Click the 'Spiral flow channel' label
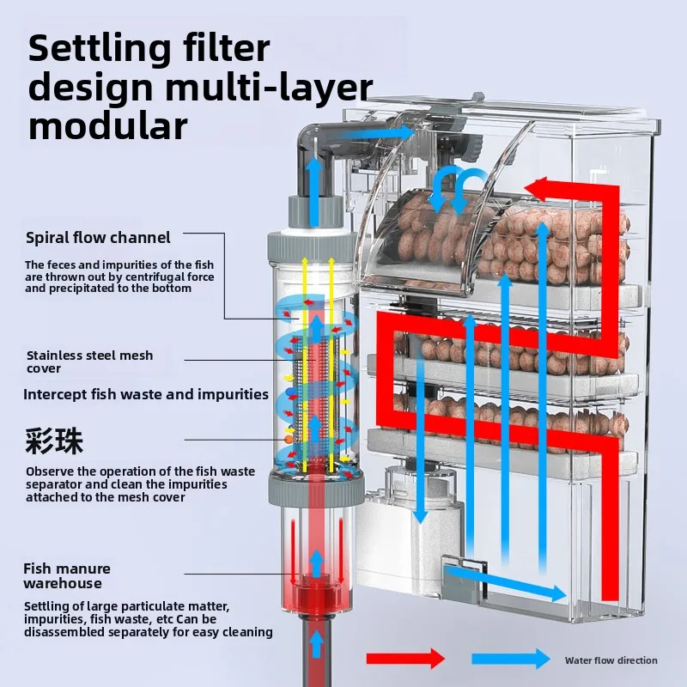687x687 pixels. point(98,238)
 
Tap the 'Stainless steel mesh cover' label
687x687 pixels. point(90,362)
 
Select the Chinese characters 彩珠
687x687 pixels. point(54,441)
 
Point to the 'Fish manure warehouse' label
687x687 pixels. point(67,575)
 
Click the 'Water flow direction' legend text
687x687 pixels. point(611,660)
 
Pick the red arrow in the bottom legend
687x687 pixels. point(405,659)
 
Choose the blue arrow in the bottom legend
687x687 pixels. point(511,659)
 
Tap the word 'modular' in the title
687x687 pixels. point(108,126)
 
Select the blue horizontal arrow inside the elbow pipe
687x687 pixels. point(375,134)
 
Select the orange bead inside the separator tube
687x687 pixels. point(289,439)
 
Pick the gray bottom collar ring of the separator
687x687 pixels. point(316,489)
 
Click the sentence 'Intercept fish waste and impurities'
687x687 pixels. point(146,394)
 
